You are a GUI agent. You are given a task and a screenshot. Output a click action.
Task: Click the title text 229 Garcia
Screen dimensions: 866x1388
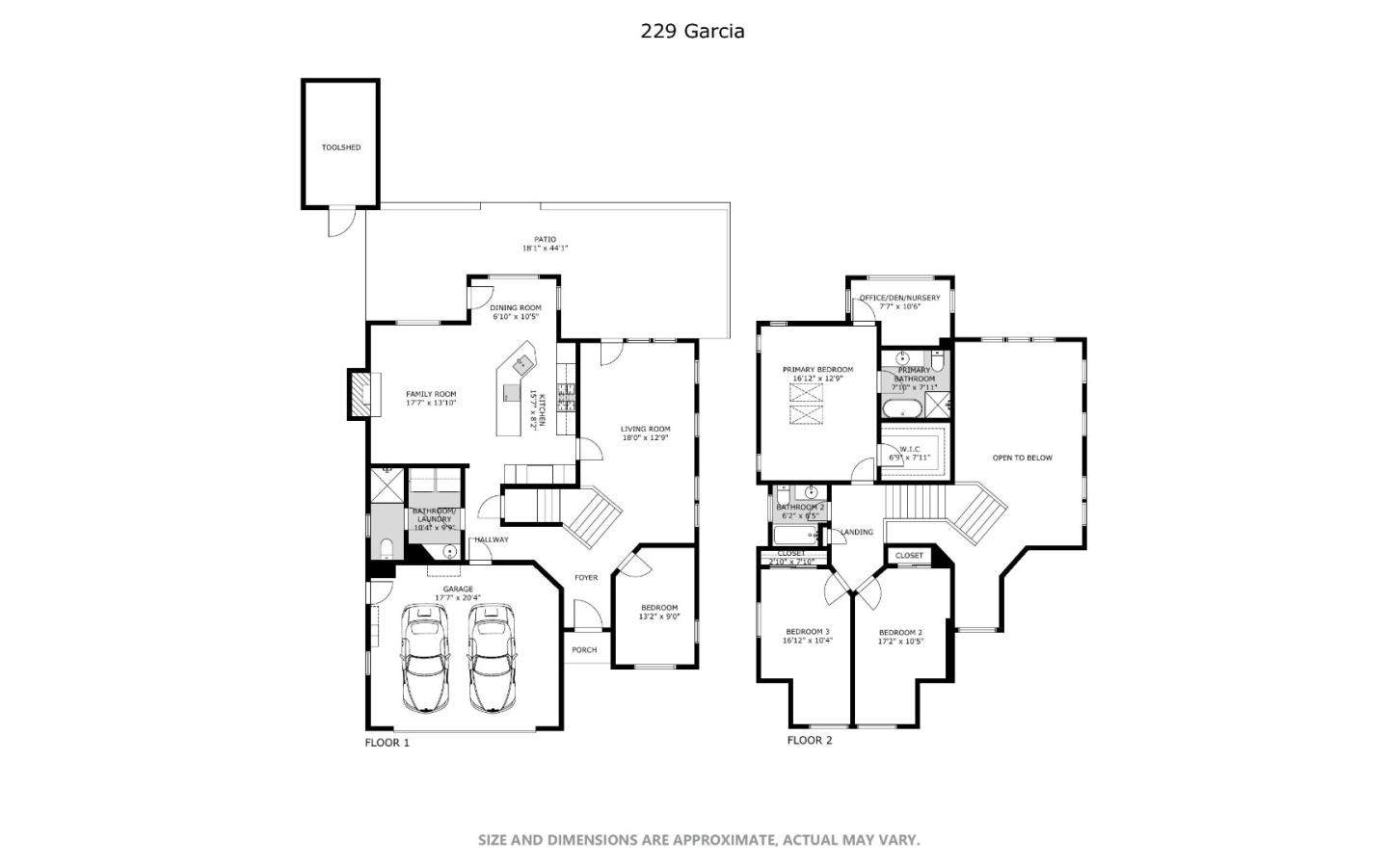[692, 31]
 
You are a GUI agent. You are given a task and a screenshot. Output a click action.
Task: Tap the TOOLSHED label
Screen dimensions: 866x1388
[341, 147]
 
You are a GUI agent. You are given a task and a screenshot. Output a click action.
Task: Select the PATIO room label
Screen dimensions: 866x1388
[546, 244]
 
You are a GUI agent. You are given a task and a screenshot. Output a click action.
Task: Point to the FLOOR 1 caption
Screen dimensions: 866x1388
[387, 743]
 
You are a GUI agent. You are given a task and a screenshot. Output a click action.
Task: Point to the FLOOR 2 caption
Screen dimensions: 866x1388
[809, 740]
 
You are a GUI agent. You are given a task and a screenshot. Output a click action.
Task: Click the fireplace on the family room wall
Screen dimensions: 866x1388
[359, 395]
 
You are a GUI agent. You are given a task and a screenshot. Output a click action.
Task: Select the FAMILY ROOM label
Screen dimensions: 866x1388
[431, 398]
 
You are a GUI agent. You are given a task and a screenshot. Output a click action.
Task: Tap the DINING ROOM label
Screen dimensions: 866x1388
[516, 312]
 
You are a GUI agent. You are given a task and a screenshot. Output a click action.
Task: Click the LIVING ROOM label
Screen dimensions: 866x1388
[645, 433]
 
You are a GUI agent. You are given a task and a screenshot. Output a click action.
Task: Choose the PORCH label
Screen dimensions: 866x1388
[584, 650]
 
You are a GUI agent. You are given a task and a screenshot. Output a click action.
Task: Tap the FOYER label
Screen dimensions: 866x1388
[586, 578]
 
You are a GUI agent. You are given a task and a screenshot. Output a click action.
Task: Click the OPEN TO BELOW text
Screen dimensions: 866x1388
[1022, 458]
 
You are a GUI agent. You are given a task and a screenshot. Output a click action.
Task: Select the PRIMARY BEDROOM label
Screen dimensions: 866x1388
[817, 374]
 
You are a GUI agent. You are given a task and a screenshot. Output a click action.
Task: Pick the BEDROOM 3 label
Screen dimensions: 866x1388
[808, 636]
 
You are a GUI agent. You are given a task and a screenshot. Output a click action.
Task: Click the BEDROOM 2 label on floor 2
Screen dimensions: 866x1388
[900, 637]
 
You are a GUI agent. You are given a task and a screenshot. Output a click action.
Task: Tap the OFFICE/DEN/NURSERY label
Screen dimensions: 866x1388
[899, 302]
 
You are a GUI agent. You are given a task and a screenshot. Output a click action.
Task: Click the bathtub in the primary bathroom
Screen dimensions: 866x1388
[903, 407]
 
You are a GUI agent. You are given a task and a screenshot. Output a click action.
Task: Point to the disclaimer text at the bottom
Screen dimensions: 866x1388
[699, 840]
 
